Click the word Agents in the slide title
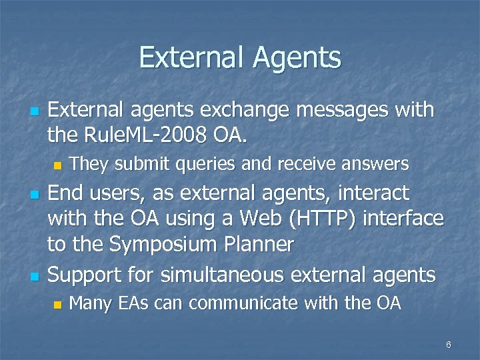pyautogui.click(x=297, y=58)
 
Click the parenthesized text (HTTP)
pyautogui.click(x=337, y=219)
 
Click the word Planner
pyautogui.click(x=260, y=245)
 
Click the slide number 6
pyautogui.click(x=449, y=345)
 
